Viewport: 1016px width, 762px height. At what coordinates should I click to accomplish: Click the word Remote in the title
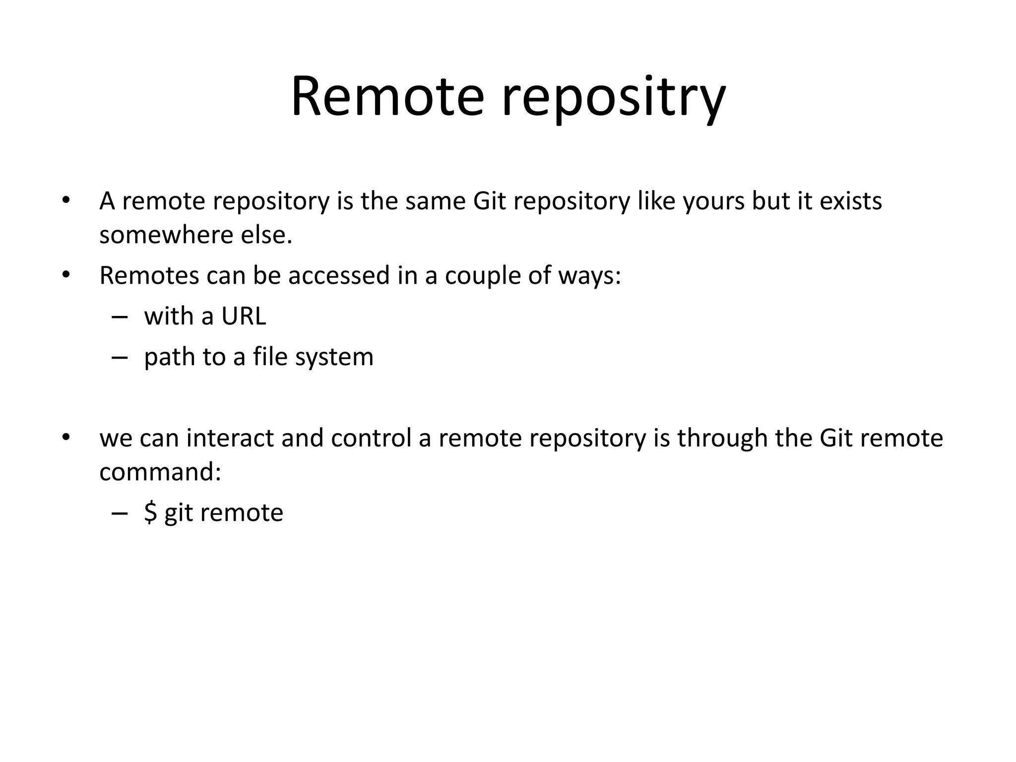(387, 97)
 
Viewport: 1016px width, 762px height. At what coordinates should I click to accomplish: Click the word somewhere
(166, 235)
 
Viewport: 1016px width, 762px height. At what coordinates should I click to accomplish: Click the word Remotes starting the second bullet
(149, 275)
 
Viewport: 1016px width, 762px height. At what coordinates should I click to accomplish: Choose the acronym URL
(244, 316)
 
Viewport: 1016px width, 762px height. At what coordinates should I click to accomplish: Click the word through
(722, 438)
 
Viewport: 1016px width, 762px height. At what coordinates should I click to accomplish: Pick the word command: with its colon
(160, 472)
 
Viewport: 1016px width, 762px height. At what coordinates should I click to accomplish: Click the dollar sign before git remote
(150, 512)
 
